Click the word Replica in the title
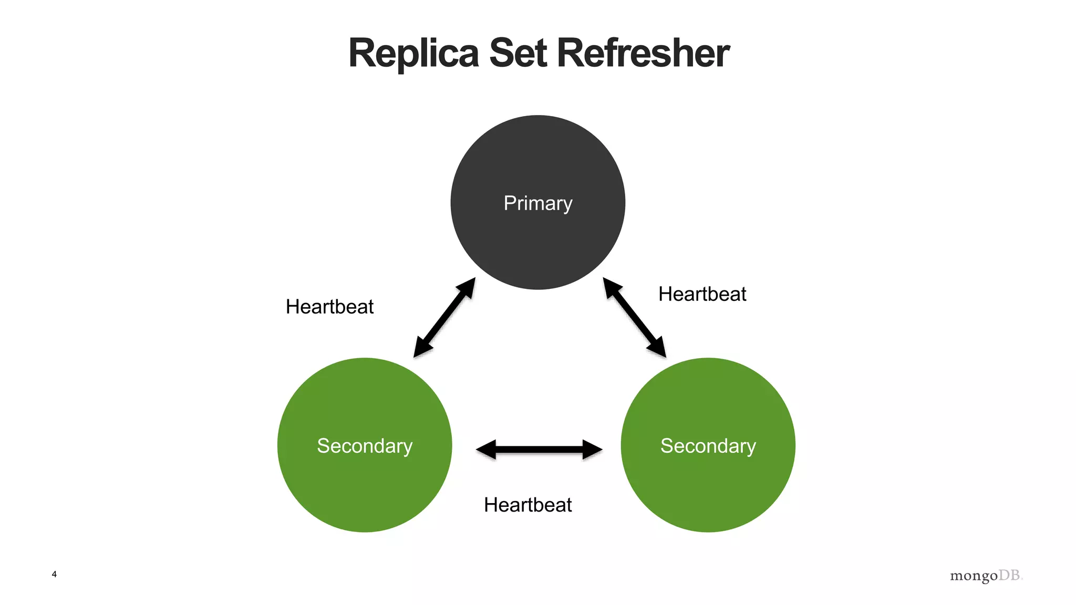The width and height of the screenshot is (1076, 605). point(413,54)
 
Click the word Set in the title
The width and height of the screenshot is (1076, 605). point(518,54)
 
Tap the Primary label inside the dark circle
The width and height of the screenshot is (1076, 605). point(537,203)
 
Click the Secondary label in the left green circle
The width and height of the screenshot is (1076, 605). point(365,446)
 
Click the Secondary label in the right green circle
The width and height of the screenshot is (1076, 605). point(708,446)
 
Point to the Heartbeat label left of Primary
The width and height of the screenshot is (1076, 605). point(329,307)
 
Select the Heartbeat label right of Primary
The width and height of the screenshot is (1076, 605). point(702,294)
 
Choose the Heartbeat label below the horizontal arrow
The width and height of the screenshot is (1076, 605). point(527,505)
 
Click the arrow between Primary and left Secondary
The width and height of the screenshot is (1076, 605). point(444,318)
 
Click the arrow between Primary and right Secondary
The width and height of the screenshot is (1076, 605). point(634,318)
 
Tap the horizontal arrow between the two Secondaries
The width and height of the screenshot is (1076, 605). point(539,450)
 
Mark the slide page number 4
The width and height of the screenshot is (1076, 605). point(54,574)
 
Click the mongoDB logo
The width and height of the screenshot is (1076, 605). point(986,576)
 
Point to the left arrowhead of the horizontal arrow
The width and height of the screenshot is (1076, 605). point(485,450)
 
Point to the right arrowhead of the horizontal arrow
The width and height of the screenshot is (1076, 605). point(593,450)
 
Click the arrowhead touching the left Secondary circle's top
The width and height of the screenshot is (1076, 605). point(421,348)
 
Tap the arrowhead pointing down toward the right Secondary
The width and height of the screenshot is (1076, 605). point(658,348)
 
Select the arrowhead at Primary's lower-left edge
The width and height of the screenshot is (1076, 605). point(467,288)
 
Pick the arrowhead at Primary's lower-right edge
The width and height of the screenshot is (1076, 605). point(611,288)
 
